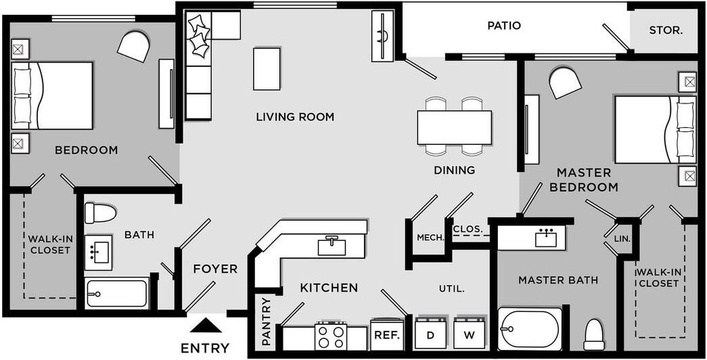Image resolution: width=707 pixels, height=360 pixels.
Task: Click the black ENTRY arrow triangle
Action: pyautogui.click(x=206, y=325)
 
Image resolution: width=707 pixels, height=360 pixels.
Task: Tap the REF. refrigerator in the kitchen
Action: pyautogui.click(x=386, y=335)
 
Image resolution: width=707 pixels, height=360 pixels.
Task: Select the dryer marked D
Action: pyautogui.click(x=430, y=333)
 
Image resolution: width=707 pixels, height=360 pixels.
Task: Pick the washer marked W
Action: pyautogui.click(x=470, y=333)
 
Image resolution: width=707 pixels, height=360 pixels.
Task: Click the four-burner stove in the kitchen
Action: pyautogui.click(x=331, y=336)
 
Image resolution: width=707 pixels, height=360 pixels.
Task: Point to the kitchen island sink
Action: pyautogui.click(x=332, y=246)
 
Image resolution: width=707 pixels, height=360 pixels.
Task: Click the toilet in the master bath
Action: pyautogui.click(x=594, y=335)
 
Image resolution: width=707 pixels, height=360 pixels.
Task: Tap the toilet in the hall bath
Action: pyautogui.click(x=101, y=213)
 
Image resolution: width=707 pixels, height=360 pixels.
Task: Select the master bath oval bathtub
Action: pyautogui.click(x=530, y=328)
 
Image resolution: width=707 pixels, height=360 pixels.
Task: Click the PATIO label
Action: pyautogui.click(x=504, y=25)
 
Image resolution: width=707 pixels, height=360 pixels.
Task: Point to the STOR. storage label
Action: pyautogui.click(x=666, y=30)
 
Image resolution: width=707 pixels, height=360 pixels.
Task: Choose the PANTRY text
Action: pyautogui.click(x=266, y=321)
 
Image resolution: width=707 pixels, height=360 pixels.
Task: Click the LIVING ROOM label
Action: pyautogui.click(x=296, y=117)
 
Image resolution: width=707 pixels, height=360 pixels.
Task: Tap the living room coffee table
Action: pyautogui.click(x=267, y=69)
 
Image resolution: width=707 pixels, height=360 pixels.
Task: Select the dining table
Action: pyautogui.click(x=454, y=127)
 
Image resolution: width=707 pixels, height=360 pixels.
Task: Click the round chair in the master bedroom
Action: pyautogui.click(x=566, y=83)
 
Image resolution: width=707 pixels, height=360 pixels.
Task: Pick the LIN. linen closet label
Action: pyautogui.click(x=622, y=239)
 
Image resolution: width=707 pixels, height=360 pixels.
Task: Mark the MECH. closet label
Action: pyautogui.click(x=430, y=238)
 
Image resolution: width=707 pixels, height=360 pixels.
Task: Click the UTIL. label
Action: pyautogui.click(x=452, y=289)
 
